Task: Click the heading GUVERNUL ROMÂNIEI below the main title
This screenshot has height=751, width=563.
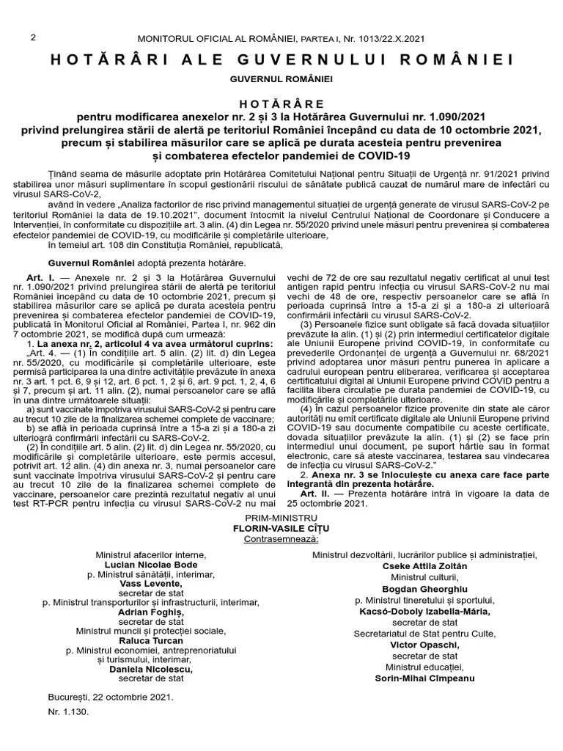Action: pos(281,78)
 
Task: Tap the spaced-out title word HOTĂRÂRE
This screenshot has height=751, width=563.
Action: pos(281,105)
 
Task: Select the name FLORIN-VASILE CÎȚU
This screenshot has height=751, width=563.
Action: pos(281,528)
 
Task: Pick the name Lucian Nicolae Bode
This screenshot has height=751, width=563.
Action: pos(152,566)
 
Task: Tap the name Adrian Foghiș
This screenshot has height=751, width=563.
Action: pos(152,612)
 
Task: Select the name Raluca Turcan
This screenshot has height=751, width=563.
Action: pos(152,640)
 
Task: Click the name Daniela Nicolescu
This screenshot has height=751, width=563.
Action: pos(152,669)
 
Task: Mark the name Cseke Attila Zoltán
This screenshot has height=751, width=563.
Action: pos(424,566)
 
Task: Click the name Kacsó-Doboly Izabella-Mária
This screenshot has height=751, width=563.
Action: pos(424,611)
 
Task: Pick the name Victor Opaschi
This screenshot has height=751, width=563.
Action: pos(424,645)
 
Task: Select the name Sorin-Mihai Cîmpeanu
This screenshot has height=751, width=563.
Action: pos(424,678)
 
